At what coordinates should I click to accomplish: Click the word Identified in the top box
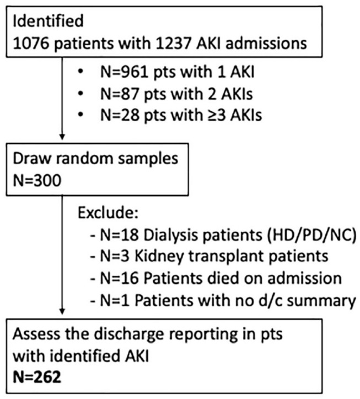48,21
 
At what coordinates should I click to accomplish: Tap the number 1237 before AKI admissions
173,44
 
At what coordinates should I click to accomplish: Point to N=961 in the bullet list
125,72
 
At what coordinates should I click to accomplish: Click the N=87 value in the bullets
120,94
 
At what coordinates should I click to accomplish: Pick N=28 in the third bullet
120,115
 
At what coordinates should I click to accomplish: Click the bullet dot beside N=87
80,94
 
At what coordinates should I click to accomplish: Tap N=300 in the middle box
37,181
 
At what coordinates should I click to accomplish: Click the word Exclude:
108,213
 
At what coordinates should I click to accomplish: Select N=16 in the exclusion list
120,278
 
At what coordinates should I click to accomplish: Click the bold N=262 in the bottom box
37,378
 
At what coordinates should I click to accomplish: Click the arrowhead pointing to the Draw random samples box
62,137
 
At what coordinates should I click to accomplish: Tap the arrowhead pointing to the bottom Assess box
62,312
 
